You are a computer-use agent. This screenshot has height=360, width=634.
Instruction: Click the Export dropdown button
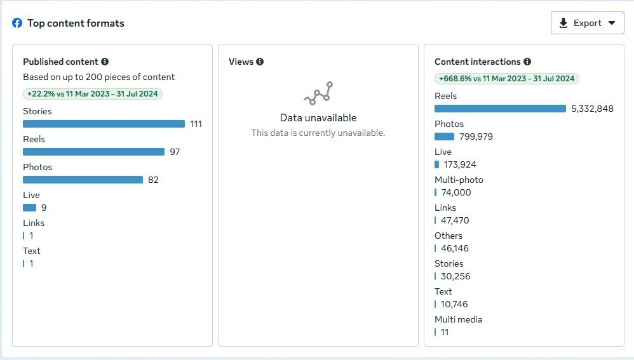click(x=587, y=23)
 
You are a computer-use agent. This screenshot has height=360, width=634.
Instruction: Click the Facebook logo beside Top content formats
click(x=17, y=23)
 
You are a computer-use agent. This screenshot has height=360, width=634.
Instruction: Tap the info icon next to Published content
click(x=105, y=62)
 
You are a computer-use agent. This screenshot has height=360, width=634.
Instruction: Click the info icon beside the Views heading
click(x=260, y=62)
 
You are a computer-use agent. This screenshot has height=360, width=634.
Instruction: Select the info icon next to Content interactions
click(x=527, y=62)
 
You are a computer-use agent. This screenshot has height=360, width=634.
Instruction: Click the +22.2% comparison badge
click(x=93, y=94)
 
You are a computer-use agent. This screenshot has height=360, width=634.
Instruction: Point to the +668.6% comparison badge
click(x=507, y=79)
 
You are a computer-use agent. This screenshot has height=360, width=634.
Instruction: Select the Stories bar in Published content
click(x=104, y=124)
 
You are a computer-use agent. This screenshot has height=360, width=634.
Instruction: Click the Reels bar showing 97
click(x=93, y=152)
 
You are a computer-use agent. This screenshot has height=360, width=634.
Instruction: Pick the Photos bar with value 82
click(x=83, y=180)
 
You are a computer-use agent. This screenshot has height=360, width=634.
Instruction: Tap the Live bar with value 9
click(x=29, y=208)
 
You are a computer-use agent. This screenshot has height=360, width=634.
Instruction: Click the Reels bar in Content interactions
click(x=500, y=109)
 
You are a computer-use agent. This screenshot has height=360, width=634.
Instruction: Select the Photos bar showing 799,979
click(x=444, y=137)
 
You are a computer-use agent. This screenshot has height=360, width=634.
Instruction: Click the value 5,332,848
click(x=592, y=109)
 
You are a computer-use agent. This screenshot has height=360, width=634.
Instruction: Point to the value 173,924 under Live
click(x=460, y=164)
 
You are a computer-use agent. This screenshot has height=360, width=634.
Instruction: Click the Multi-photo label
click(x=459, y=180)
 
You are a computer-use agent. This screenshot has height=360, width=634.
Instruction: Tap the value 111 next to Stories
click(x=196, y=124)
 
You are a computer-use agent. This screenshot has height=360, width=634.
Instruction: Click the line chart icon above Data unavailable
click(x=318, y=93)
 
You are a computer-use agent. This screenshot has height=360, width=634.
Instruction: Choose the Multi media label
click(x=459, y=319)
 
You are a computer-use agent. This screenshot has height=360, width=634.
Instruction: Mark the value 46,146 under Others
click(x=455, y=248)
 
